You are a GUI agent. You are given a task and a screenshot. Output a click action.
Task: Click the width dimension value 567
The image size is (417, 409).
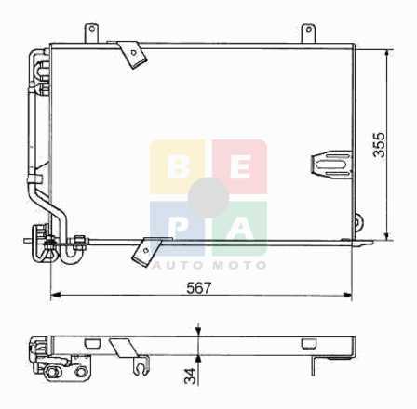[x=198, y=288]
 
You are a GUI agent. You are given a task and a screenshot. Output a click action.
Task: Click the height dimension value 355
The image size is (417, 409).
[x=379, y=145]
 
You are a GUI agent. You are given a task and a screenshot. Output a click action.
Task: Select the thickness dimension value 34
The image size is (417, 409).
[x=190, y=376]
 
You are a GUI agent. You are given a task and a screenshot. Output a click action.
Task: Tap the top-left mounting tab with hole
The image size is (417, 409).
[x=92, y=33]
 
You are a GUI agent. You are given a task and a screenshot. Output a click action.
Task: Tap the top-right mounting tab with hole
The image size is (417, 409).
[x=308, y=33]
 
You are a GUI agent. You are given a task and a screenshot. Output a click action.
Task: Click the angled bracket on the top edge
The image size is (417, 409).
[x=129, y=54]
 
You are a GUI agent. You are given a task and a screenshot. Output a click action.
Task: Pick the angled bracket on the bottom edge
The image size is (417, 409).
[x=149, y=251]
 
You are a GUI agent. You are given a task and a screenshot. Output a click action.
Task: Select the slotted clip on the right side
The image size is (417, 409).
[x=331, y=164]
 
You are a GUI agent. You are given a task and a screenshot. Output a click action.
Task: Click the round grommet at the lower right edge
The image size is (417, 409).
[x=359, y=222]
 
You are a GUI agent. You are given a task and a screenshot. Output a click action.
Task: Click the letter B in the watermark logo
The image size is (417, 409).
[x=179, y=167]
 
